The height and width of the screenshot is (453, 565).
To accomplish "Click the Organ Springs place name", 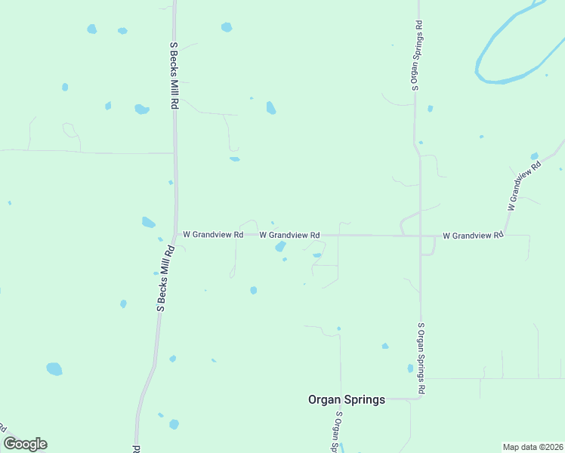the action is pos(347,399).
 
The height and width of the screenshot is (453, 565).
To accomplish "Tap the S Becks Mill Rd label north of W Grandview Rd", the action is pos(174,75).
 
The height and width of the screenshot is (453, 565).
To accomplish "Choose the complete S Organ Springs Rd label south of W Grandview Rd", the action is pos(421,358).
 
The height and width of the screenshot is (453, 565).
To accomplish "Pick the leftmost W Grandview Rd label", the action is pos(213,235).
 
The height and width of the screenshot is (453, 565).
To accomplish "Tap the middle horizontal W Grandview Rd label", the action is pos(289,236).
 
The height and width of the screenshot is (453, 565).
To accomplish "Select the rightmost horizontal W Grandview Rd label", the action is pos(473,236).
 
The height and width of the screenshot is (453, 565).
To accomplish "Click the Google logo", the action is pos(25,444).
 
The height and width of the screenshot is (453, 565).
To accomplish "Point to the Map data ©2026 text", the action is pos(533,447).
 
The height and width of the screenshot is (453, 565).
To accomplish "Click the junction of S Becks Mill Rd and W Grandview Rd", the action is pos(176,235).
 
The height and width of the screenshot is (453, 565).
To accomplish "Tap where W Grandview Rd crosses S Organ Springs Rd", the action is pos(420,236).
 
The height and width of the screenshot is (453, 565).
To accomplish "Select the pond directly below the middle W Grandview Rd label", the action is pos(280,247).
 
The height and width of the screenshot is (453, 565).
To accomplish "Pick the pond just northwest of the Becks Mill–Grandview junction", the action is pos(148,222).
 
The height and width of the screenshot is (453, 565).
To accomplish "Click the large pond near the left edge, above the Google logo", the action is pos(54,368).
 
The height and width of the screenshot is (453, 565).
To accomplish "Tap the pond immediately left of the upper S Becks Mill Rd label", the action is pos(141,109).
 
